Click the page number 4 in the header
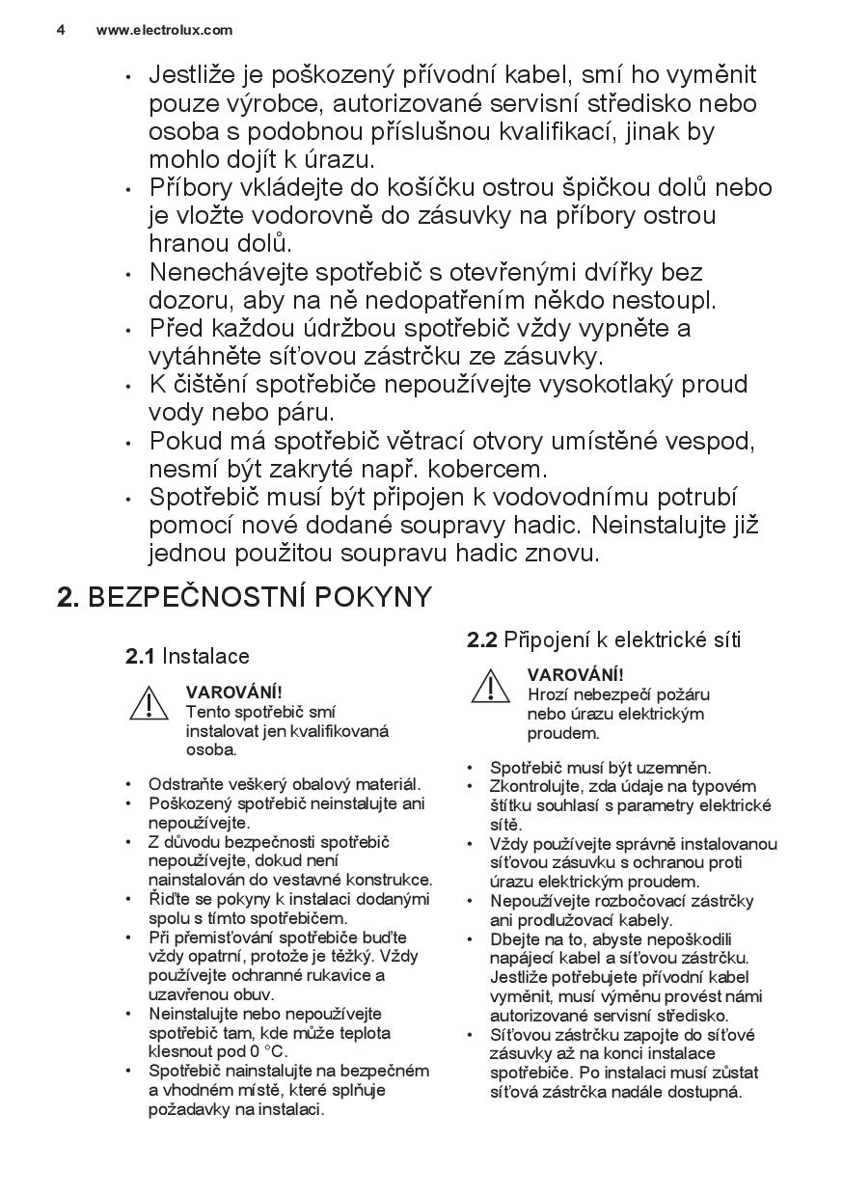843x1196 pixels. (x=61, y=30)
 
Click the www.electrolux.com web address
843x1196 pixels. (x=164, y=30)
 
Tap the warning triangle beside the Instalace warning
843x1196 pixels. (x=149, y=703)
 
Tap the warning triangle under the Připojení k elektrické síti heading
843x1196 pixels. (x=490, y=686)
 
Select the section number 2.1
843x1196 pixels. (x=140, y=657)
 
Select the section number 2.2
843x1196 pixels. (x=482, y=639)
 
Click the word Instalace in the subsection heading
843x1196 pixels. (x=205, y=657)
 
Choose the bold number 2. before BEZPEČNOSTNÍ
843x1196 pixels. (x=68, y=597)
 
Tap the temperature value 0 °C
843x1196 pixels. (x=268, y=1051)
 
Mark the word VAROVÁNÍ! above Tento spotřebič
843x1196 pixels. (x=234, y=692)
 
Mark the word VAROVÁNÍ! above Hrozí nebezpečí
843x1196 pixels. (x=576, y=674)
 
